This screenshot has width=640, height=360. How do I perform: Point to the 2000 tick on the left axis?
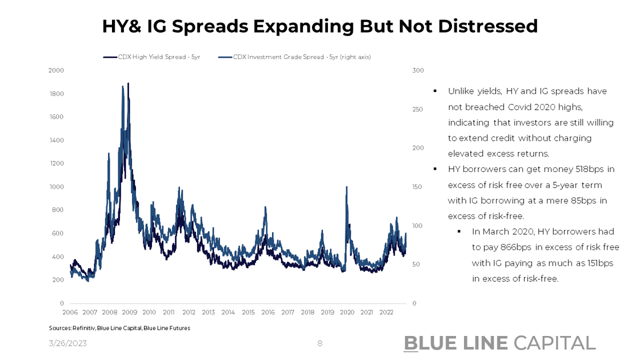[57, 70]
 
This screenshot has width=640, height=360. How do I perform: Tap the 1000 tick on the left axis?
[57, 187]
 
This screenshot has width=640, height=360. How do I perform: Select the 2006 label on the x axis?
[70, 313]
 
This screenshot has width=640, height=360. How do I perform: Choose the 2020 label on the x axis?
[347, 313]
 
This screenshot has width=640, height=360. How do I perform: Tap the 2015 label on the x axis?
[248, 313]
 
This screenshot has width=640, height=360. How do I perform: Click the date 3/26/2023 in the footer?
[68, 343]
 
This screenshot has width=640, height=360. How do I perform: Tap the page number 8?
[320, 343]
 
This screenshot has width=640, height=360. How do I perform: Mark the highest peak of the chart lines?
[128, 83]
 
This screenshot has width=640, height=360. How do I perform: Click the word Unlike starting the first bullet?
[461, 91]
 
